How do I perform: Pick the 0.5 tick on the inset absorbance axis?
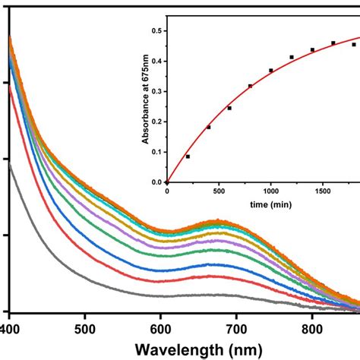pos(157,30)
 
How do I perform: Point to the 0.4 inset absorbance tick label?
pos(157,61)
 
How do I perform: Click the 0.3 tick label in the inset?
pos(157,91)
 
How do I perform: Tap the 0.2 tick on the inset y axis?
pos(157,122)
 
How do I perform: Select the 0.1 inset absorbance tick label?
pos(157,152)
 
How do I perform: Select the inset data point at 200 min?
pos(188,156)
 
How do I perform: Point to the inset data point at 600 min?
pos(229,108)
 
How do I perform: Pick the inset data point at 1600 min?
pos(333,43)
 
